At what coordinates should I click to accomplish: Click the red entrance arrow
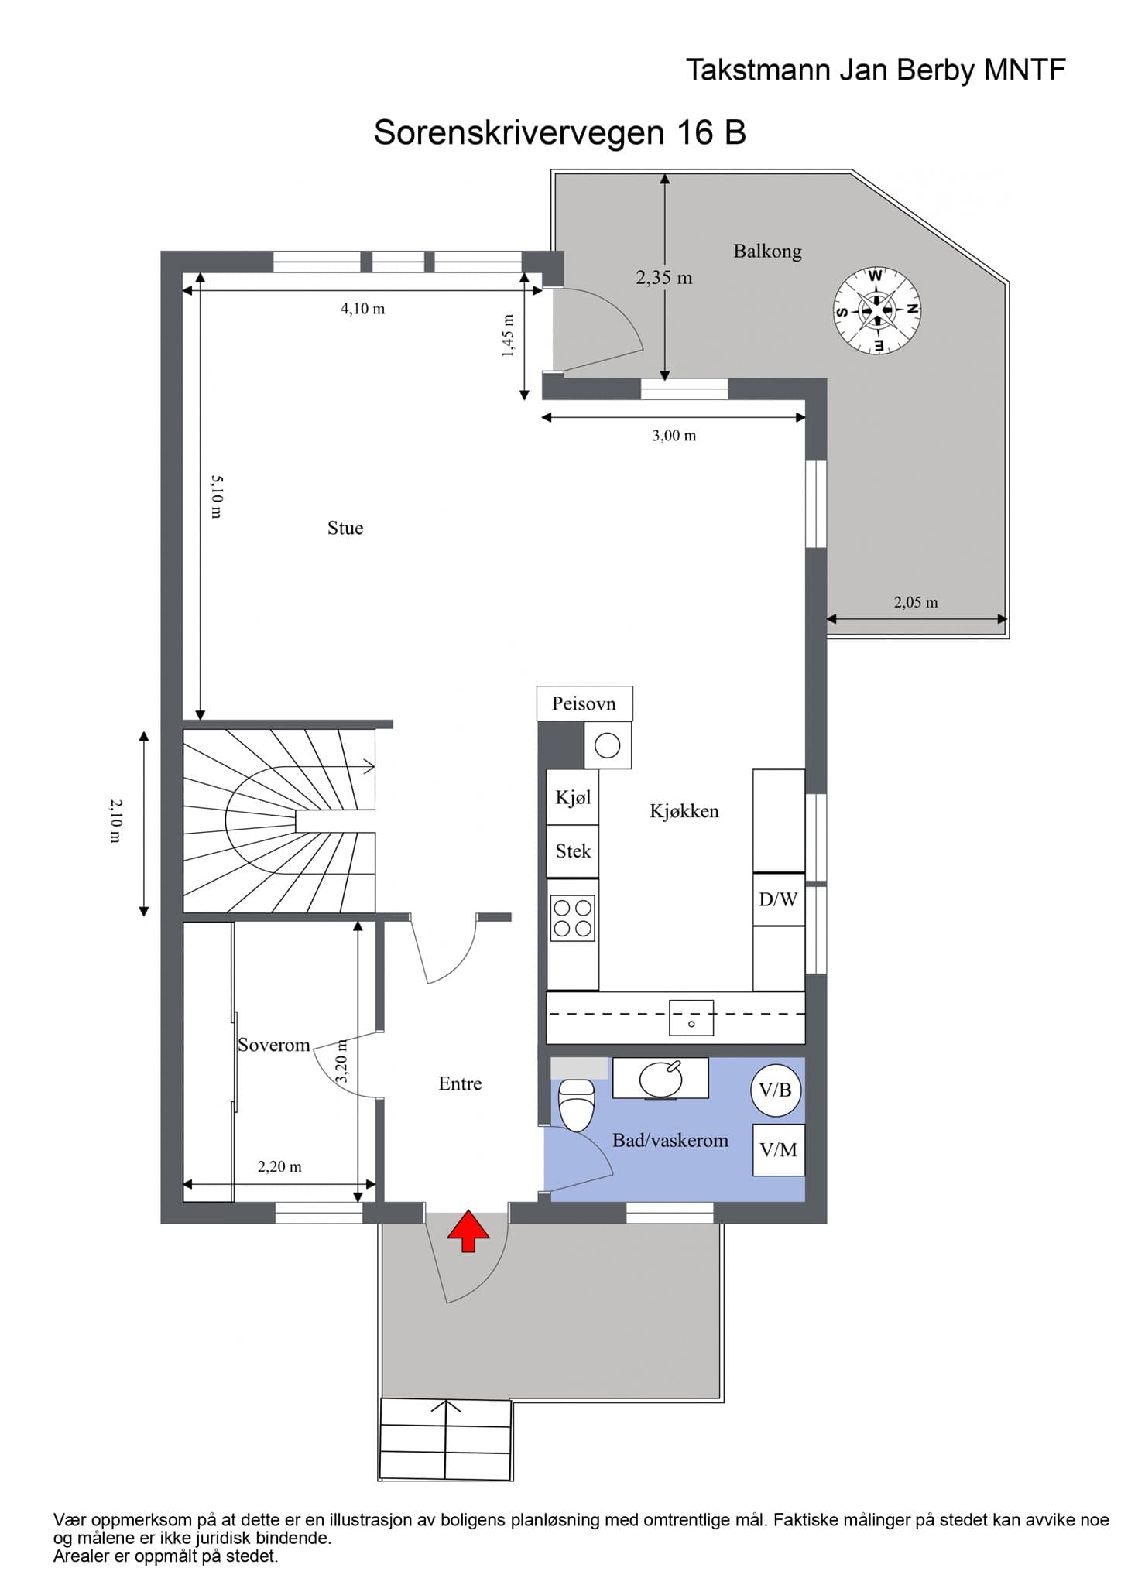click(468, 1232)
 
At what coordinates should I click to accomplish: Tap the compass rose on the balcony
click(876, 310)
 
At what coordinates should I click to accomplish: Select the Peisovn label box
click(584, 703)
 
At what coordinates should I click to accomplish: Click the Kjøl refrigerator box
click(573, 797)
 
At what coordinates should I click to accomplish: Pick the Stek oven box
click(573, 851)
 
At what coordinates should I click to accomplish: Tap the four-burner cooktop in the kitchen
click(573, 918)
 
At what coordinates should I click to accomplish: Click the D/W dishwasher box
click(779, 899)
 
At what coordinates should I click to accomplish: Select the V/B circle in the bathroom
click(776, 1090)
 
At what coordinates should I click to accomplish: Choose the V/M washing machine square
click(779, 1150)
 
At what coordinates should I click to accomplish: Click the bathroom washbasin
click(660, 1078)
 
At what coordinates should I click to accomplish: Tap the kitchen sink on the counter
click(691, 1017)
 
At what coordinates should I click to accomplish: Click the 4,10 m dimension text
click(363, 309)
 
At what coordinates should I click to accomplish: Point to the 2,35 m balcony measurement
click(664, 277)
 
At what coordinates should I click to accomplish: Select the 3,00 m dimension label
click(674, 436)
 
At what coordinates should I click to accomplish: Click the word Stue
click(345, 528)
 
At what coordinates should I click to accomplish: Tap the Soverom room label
click(274, 1045)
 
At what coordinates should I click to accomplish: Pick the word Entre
click(460, 1083)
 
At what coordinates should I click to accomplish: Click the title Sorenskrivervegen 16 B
click(560, 132)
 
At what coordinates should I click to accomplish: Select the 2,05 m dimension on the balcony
click(917, 602)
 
